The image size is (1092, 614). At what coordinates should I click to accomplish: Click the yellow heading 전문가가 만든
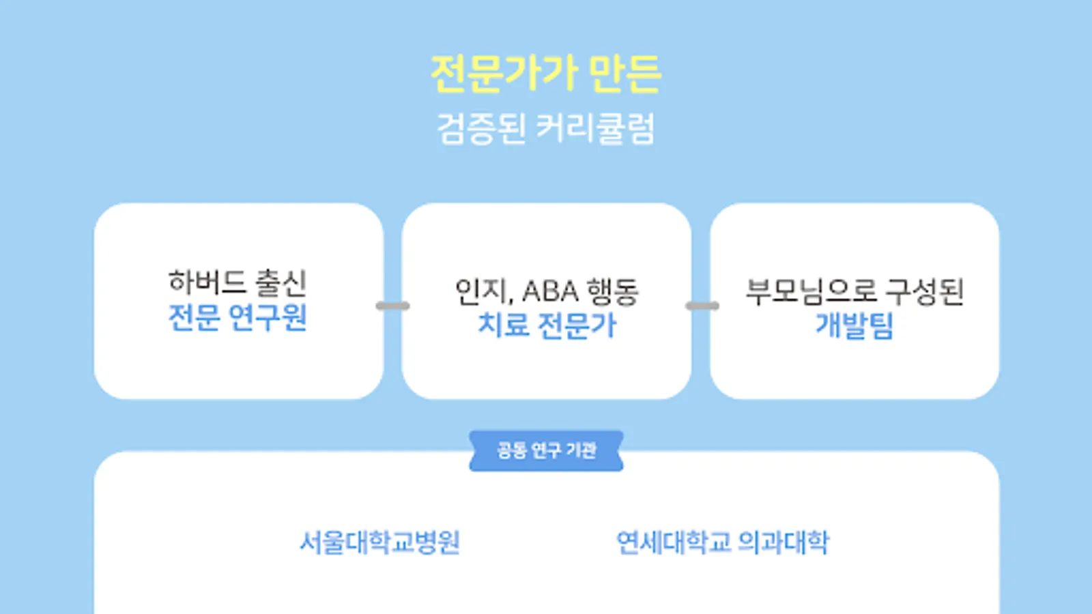pos(546,74)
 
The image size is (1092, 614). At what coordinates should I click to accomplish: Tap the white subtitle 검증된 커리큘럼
pos(546,128)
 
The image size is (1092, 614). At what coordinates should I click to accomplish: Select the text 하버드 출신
pos(238,282)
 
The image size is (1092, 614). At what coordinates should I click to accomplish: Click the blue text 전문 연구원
pos(238,318)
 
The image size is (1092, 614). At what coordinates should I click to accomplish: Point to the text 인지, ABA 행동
pos(547,291)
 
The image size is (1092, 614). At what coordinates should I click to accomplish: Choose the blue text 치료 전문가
pos(547,325)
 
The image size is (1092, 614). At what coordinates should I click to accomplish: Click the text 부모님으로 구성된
pos(854,291)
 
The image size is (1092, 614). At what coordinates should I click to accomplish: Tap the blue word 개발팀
pos(854,325)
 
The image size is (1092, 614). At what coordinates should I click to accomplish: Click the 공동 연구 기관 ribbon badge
pos(546,450)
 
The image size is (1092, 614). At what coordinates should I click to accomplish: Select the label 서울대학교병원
pos(380,543)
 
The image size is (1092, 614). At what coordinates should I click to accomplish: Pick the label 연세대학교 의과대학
pos(723,543)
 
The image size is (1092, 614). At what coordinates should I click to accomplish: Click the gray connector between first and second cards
pos(393,306)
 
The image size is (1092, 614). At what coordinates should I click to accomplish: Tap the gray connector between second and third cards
pos(702,306)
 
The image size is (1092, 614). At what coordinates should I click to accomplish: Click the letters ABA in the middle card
pos(550,292)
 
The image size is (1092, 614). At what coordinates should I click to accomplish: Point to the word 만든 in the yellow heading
pos(624,74)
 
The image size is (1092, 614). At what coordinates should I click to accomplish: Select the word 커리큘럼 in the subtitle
pos(595,128)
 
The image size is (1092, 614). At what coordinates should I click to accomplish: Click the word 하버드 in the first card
pos(207,282)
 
